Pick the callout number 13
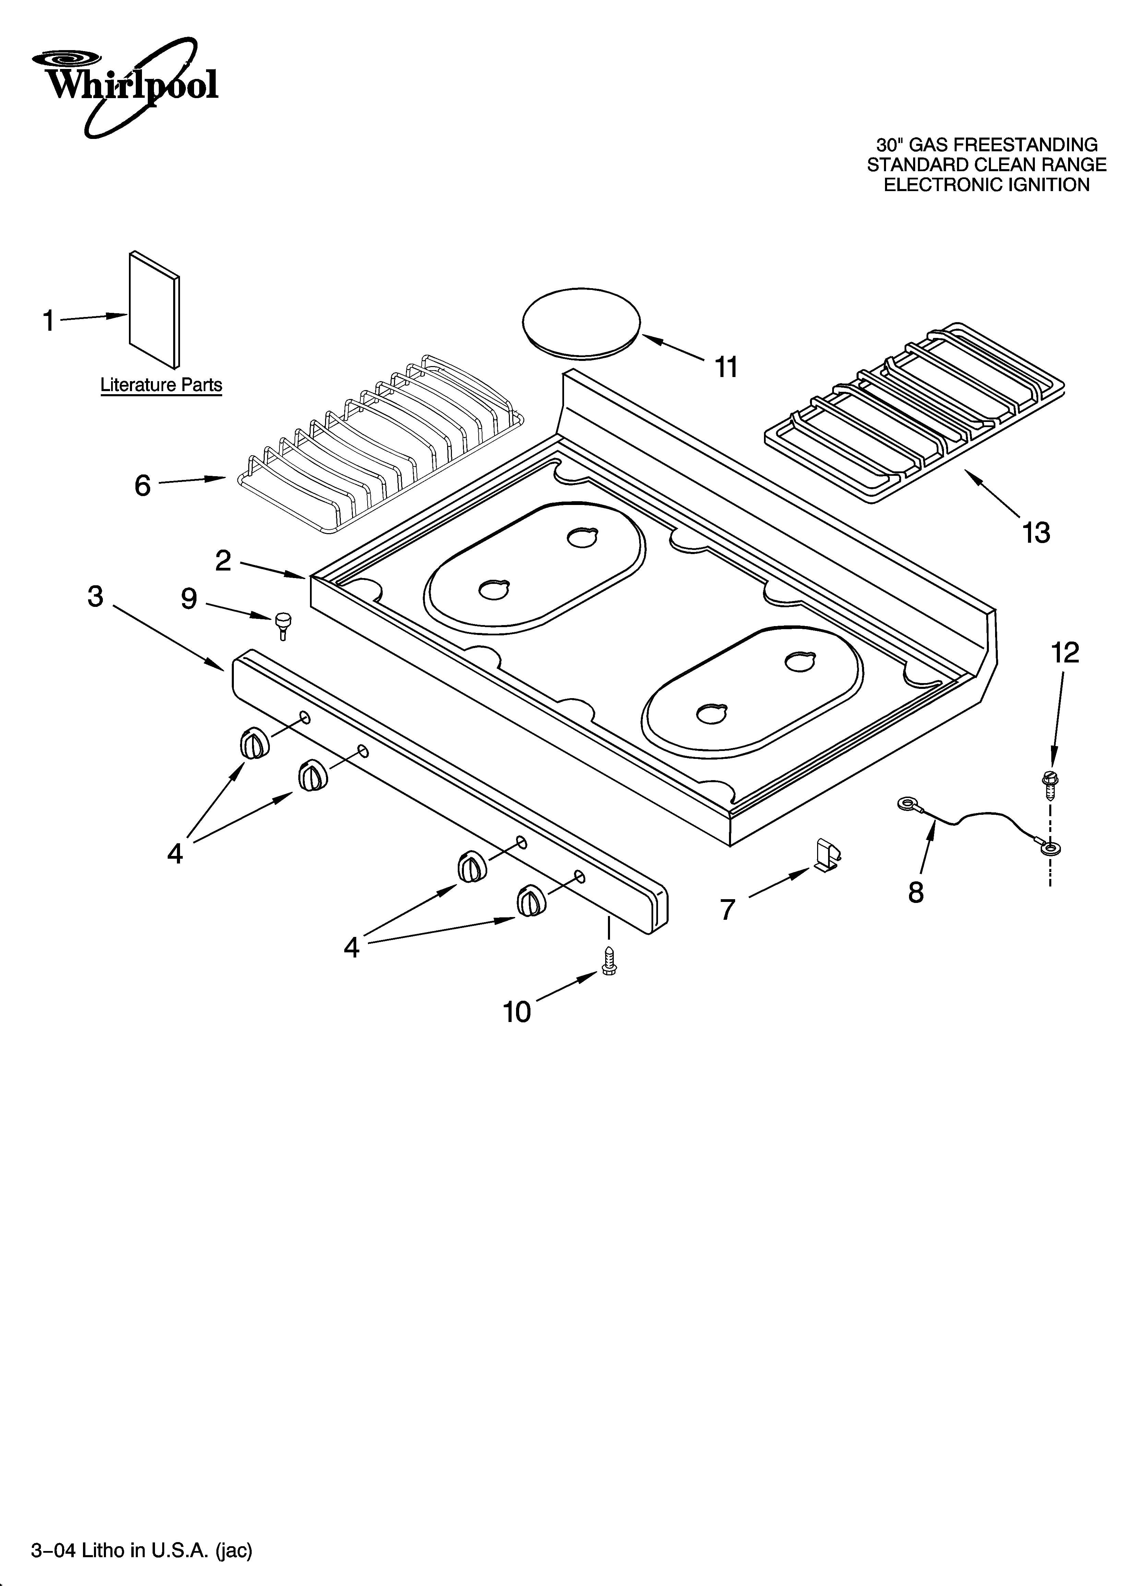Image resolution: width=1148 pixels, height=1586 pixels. coord(1036,533)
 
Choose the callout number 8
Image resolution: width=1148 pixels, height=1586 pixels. coord(916,892)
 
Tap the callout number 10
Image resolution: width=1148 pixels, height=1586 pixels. coord(517,1012)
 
